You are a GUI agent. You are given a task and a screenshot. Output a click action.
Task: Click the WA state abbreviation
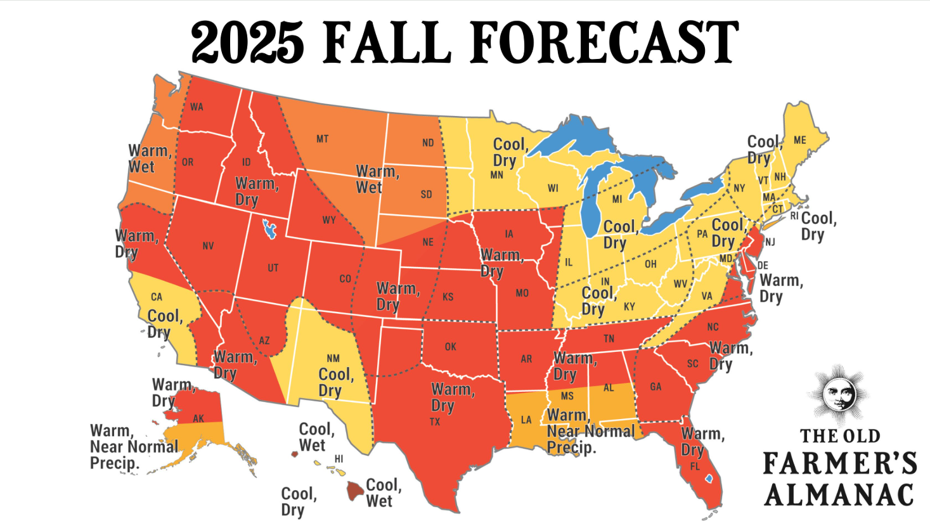pyautogui.click(x=197, y=107)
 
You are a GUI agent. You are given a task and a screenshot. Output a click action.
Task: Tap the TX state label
pyautogui.click(x=435, y=422)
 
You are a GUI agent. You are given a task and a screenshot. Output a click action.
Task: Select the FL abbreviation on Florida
pyautogui.click(x=695, y=467)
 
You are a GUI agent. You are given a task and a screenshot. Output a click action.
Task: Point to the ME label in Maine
pyautogui.click(x=800, y=140)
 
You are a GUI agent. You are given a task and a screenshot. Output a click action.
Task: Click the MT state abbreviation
pyautogui.click(x=323, y=139)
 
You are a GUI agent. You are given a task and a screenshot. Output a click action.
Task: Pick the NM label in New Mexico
pyautogui.click(x=333, y=359)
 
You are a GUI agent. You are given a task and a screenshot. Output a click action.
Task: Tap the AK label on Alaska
pyautogui.click(x=198, y=418)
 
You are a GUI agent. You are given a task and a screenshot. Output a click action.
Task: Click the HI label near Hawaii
pyautogui.click(x=339, y=459)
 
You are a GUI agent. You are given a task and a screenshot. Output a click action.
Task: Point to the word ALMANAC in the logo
pyautogui.click(x=839, y=495)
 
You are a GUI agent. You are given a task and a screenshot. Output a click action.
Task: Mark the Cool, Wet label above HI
pyautogui.click(x=316, y=437)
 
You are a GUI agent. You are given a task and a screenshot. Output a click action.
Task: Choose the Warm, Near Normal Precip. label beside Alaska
pyautogui.click(x=134, y=447)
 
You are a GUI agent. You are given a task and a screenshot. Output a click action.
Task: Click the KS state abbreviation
pyautogui.click(x=448, y=297)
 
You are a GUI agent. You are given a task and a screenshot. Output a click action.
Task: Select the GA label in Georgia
pyautogui.click(x=656, y=387)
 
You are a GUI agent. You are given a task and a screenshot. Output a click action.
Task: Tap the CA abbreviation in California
pyautogui.click(x=157, y=297)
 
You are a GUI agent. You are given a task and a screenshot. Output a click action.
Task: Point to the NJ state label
pyautogui.click(x=770, y=242)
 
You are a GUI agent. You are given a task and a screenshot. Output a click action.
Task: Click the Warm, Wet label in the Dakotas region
pyautogui.click(x=377, y=179)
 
